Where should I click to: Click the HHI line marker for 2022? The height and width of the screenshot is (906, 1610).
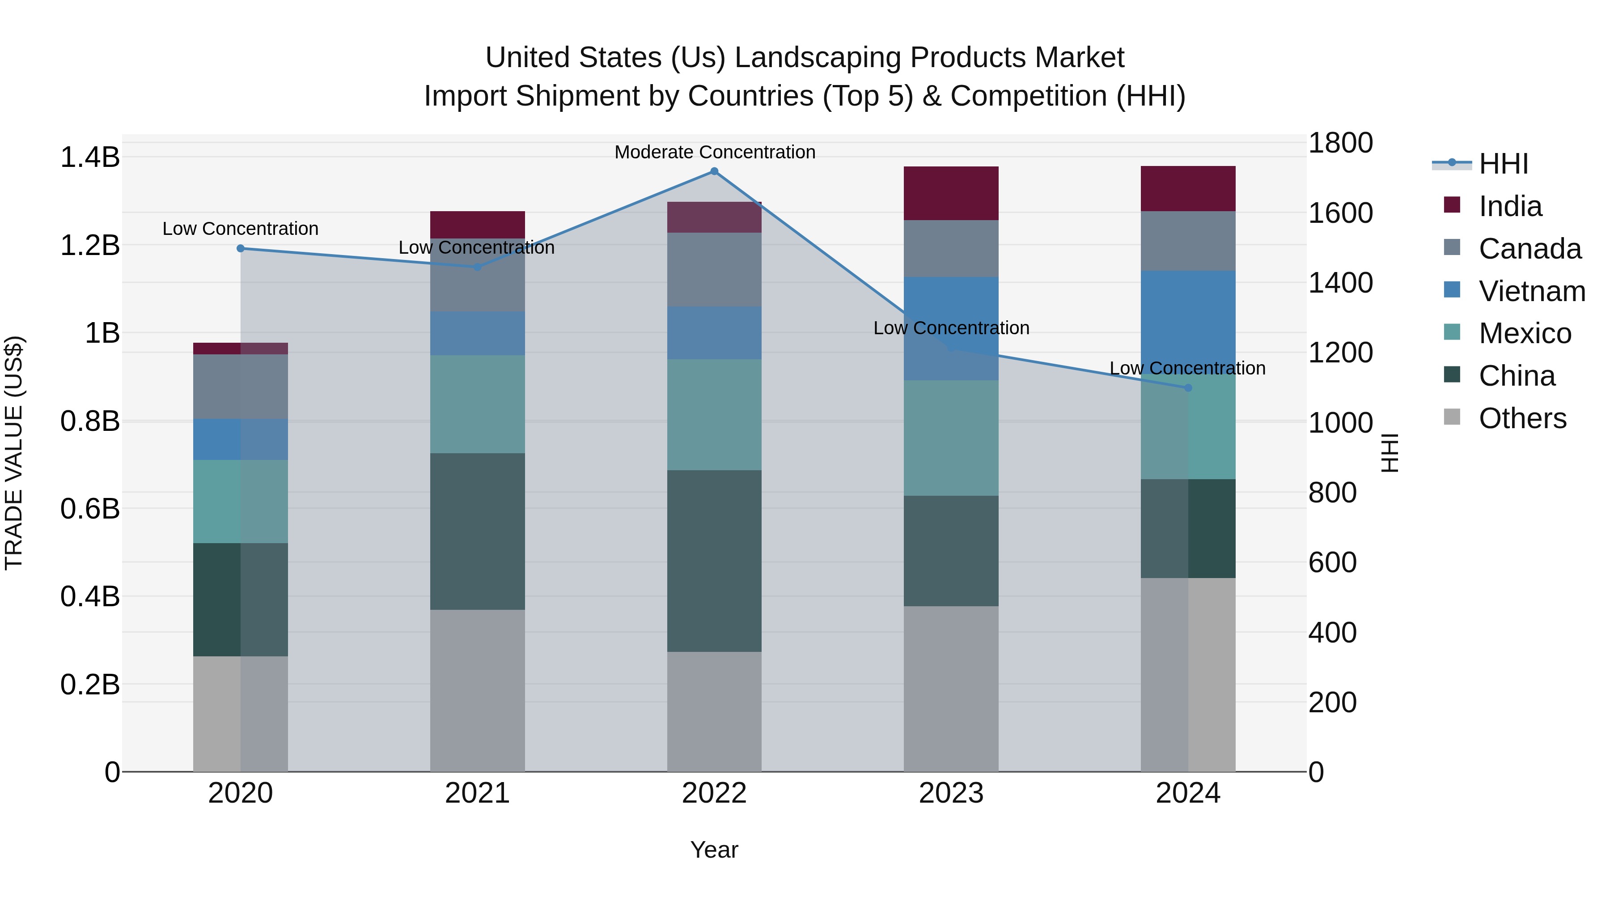pyautogui.click(x=714, y=171)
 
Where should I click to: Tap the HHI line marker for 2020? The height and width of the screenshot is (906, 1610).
pyautogui.click(x=241, y=248)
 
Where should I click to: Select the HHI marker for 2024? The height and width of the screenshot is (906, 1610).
pyautogui.click(x=1188, y=387)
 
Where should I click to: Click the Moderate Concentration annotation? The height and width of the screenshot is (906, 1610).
pyautogui.click(x=714, y=152)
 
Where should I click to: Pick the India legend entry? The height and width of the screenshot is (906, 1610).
pyautogui.click(x=1509, y=206)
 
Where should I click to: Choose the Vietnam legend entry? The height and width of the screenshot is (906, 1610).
pyautogui.click(x=1531, y=291)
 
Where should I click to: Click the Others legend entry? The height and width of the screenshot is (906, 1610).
pyautogui.click(x=1522, y=418)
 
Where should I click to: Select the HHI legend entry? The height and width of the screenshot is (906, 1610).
pyautogui.click(x=1503, y=164)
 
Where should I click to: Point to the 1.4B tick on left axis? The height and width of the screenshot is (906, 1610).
pyautogui.click(x=90, y=157)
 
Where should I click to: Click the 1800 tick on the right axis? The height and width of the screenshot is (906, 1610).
pyautogui.click(x=1340, y=143)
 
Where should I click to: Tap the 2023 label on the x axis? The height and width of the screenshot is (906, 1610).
pyautogui.click(x=951, y=793)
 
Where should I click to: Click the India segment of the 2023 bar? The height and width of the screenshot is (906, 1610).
pyautogui.click(x=951, y=193)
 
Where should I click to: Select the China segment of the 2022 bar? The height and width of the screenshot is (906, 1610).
pyautogui.click(x=714, y=561)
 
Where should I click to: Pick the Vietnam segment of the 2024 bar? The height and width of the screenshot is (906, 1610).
pyautogui.click(x=1188, y=319)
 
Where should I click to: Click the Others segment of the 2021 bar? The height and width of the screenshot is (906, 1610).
pyautogui.click(x=478, y=690)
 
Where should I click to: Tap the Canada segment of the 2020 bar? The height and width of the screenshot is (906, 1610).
pyautogui.click(x=241, y=387)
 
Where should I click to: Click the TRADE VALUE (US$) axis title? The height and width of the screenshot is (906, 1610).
pyautogui.click(x=14, y=453)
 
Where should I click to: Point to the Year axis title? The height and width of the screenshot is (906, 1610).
pyautogui.click(x=714, y=850)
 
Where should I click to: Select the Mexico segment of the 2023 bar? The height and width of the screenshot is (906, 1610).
pyautogui.click(x=951, y=438)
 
